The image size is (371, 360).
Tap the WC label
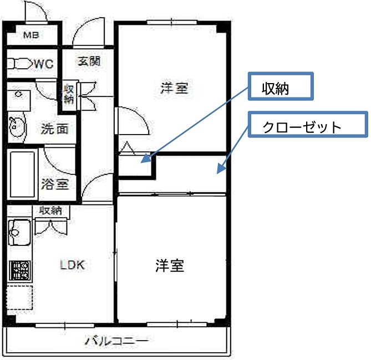click(43, 64)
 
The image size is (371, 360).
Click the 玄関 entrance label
click(88, 61)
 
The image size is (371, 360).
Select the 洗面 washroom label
click(55, 129)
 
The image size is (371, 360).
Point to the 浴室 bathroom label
click(55, 184)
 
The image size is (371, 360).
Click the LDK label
click(72, 265)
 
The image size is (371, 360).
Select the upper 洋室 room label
click(174, 89)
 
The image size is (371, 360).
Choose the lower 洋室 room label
click(169, 266)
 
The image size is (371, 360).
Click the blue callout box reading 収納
click(281, 87)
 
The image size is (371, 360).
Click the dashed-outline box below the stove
click(19, 299)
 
